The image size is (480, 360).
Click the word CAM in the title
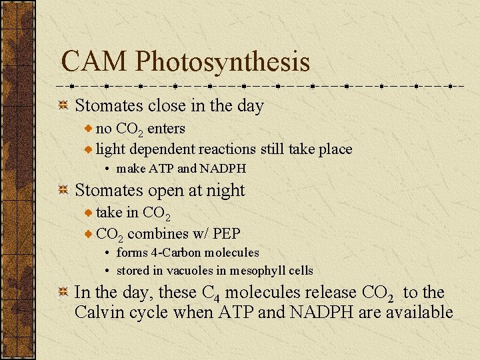click(94, 62)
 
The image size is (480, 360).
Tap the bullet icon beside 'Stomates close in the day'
click(63, 106)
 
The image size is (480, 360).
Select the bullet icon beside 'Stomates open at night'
click(63, 191)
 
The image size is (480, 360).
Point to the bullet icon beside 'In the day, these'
click(63, 293)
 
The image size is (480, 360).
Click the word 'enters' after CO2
click(166, 128)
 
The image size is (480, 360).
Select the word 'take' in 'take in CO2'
click(109, 213)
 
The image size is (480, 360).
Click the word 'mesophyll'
click(255, 271)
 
